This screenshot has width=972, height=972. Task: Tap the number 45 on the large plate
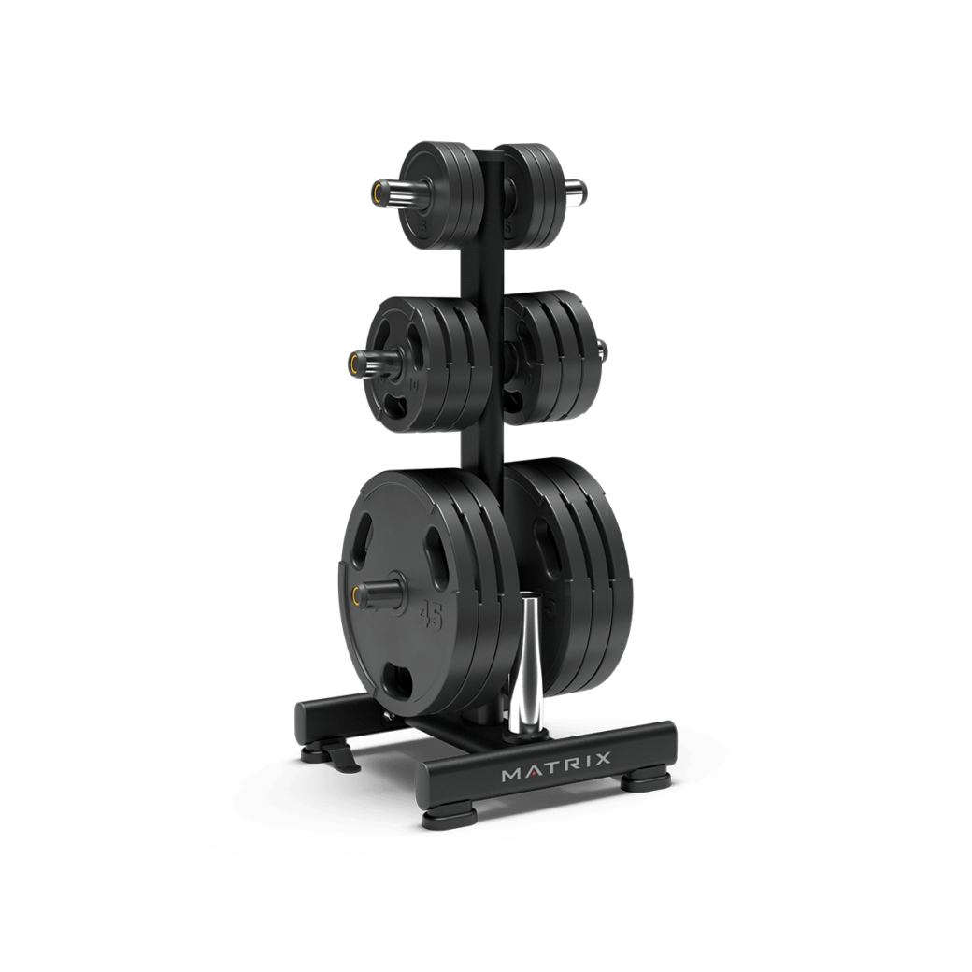point(431,614)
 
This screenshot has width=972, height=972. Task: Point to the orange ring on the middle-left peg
point(356,362)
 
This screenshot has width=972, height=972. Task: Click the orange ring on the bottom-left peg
point(358,594)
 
